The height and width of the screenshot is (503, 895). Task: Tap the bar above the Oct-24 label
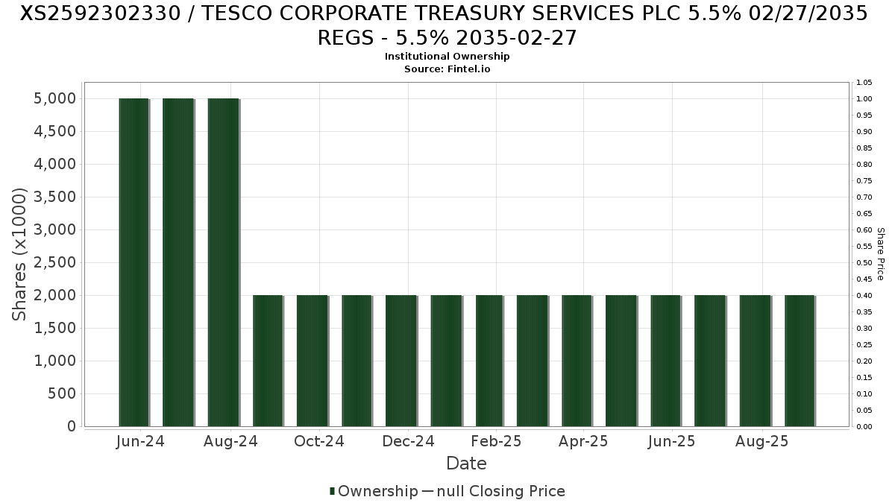313,361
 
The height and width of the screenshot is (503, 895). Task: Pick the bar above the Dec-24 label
401,361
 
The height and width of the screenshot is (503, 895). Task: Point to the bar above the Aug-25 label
755,361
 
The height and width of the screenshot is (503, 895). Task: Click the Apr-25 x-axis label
583,442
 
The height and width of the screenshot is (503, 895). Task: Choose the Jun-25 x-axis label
671,442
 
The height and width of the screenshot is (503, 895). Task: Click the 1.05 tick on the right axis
864,83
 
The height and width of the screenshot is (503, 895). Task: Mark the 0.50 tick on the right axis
864,263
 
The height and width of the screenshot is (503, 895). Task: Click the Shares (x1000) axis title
20,255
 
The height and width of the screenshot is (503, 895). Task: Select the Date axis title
466,464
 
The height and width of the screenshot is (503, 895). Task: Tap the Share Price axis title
881,254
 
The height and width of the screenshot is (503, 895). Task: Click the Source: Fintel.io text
447,69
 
